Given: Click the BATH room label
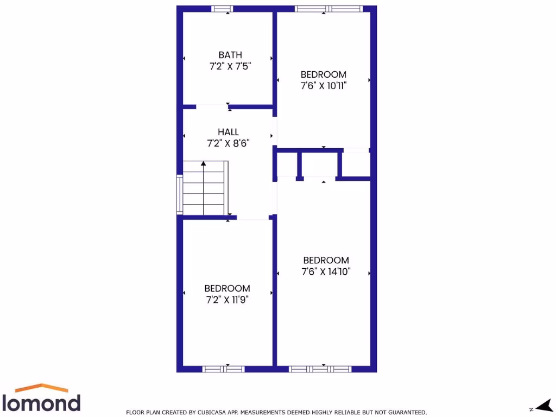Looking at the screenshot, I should (x=230, y=55).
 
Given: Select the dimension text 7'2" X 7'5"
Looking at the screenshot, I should (x=230, y=66).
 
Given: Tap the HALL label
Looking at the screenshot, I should (x=228, y=132).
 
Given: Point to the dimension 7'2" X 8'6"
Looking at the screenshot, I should (x=228, y=144).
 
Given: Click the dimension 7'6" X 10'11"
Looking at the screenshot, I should (x=324, y=86).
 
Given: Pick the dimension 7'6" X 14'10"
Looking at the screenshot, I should (x=326, y=272).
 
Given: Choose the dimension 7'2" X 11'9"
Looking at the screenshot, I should (x=227, y=300).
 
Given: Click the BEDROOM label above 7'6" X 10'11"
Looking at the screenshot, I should (x=324, y=74).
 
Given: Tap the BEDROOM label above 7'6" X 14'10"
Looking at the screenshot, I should (x=326, y=261).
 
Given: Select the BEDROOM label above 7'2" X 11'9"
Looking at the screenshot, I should (x=227, y=288).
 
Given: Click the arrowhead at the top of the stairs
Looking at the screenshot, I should (x=204, y=163).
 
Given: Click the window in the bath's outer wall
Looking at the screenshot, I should (x=222, y=9).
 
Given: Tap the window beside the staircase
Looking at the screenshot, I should (x=180, y=194).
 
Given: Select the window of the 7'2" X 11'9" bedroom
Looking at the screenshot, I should (x=223, y=369).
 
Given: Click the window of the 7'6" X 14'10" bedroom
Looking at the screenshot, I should (x=320, y=369).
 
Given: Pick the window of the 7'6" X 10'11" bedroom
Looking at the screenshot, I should (x=328, y=9).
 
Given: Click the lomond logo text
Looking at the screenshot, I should (x=42, y=403).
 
